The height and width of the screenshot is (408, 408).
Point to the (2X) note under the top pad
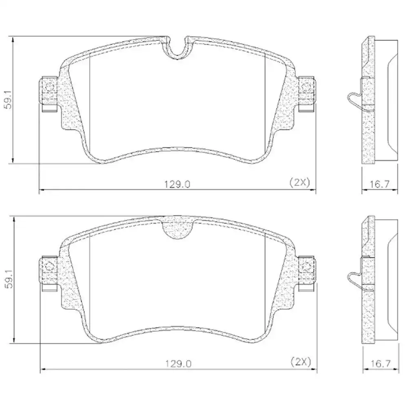point(300,182)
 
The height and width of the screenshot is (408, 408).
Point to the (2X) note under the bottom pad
point(301,361)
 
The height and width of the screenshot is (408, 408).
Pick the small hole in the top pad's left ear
point(49,87)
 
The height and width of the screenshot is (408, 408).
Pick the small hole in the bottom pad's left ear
point(49,266)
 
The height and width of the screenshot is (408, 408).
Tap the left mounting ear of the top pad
point(48,91)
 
